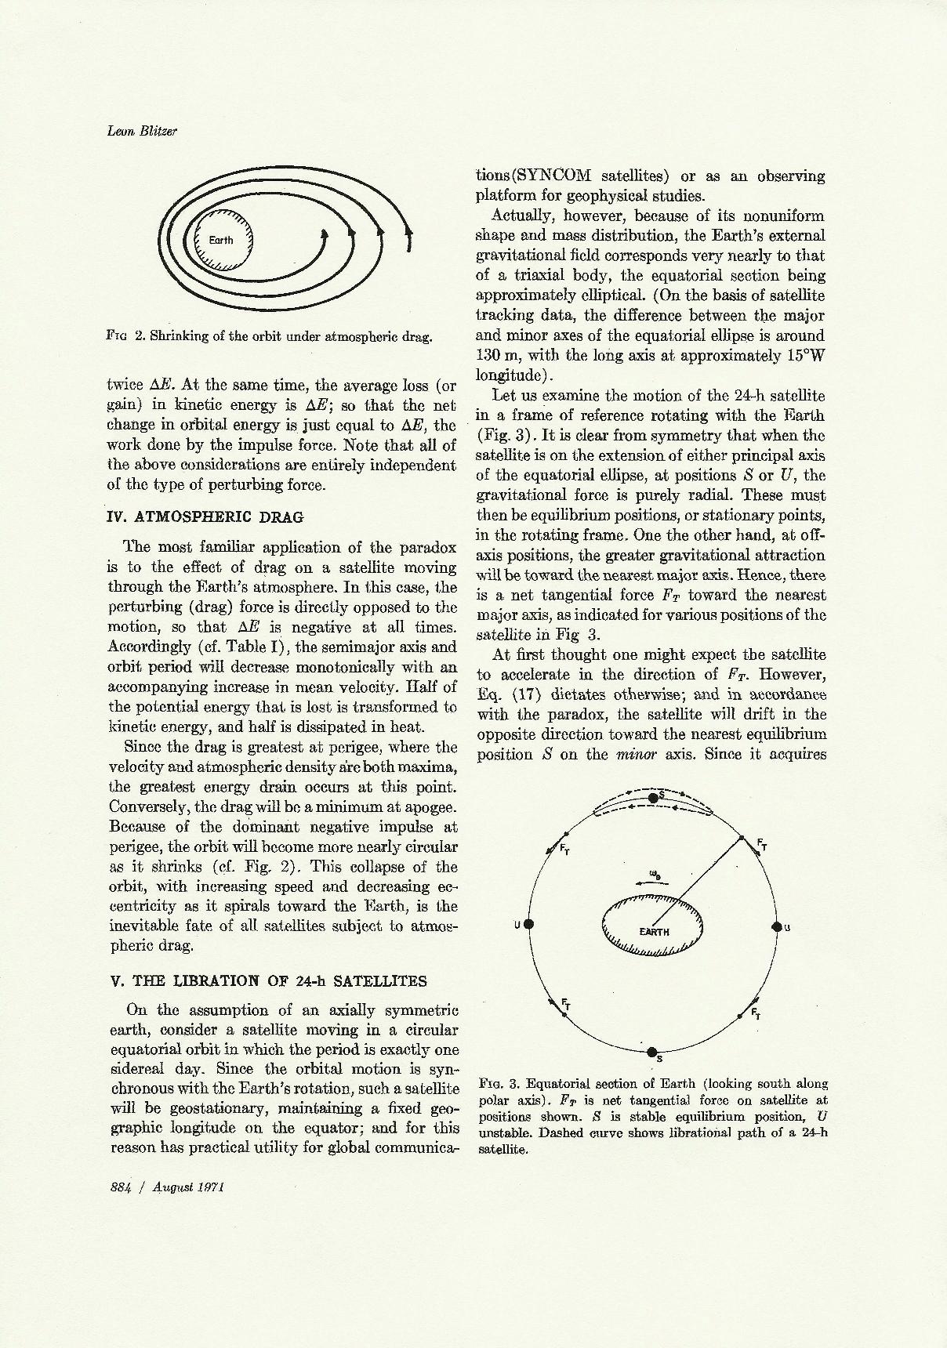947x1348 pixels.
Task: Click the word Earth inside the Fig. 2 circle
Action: coord(221,240)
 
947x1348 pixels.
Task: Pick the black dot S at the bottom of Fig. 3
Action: coord(651,1052)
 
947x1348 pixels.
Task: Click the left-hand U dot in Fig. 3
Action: coord(529,924)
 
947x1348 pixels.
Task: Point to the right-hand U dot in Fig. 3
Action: coord(777,926)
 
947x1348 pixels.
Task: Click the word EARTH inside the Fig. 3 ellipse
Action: coord(655,931)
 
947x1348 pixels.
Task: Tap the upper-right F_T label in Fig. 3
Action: coord(762,844)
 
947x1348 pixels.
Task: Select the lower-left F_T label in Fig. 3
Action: coord(565,1003)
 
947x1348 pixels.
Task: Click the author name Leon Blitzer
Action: coord(142,131)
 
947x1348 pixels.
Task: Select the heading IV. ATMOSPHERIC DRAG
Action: coord(205,516)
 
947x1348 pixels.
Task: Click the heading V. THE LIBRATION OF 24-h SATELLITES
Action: coord(267,980)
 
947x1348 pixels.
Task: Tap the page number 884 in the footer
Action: coord(121,1187)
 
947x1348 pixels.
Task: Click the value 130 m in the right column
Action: coord(498,355)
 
